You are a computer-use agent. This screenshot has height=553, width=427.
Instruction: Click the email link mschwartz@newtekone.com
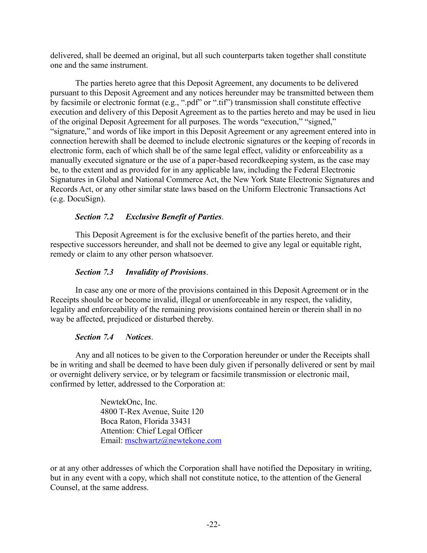[x=173, y=440]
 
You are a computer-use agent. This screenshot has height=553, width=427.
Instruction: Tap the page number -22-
[x=213, y=525]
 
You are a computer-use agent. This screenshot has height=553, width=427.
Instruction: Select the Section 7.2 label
[x=94, y=217]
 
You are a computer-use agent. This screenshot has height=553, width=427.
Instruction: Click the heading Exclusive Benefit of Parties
[x=174, y=217]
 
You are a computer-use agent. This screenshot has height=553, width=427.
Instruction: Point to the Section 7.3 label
[x=94, y=272]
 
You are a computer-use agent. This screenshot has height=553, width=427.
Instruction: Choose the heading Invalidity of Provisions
[x=166, y=272]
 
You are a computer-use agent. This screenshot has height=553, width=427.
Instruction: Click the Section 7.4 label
[x=94, y=337]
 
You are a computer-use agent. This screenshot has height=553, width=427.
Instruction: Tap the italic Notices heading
[x=138, y=337]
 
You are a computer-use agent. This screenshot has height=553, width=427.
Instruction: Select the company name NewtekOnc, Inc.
[x=129, y=402]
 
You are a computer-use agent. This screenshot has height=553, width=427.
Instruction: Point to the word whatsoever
[x=193, y=254]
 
